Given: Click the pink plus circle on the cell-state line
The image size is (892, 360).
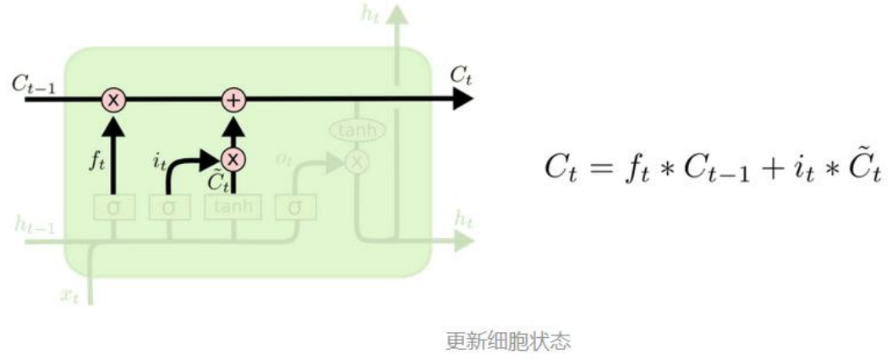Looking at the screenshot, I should click(233, 100).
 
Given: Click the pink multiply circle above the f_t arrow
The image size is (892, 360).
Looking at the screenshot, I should click(113, 100).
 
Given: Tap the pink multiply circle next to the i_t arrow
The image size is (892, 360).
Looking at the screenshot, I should click(233, 157).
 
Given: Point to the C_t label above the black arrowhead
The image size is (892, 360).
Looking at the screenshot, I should click(461, 75).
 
